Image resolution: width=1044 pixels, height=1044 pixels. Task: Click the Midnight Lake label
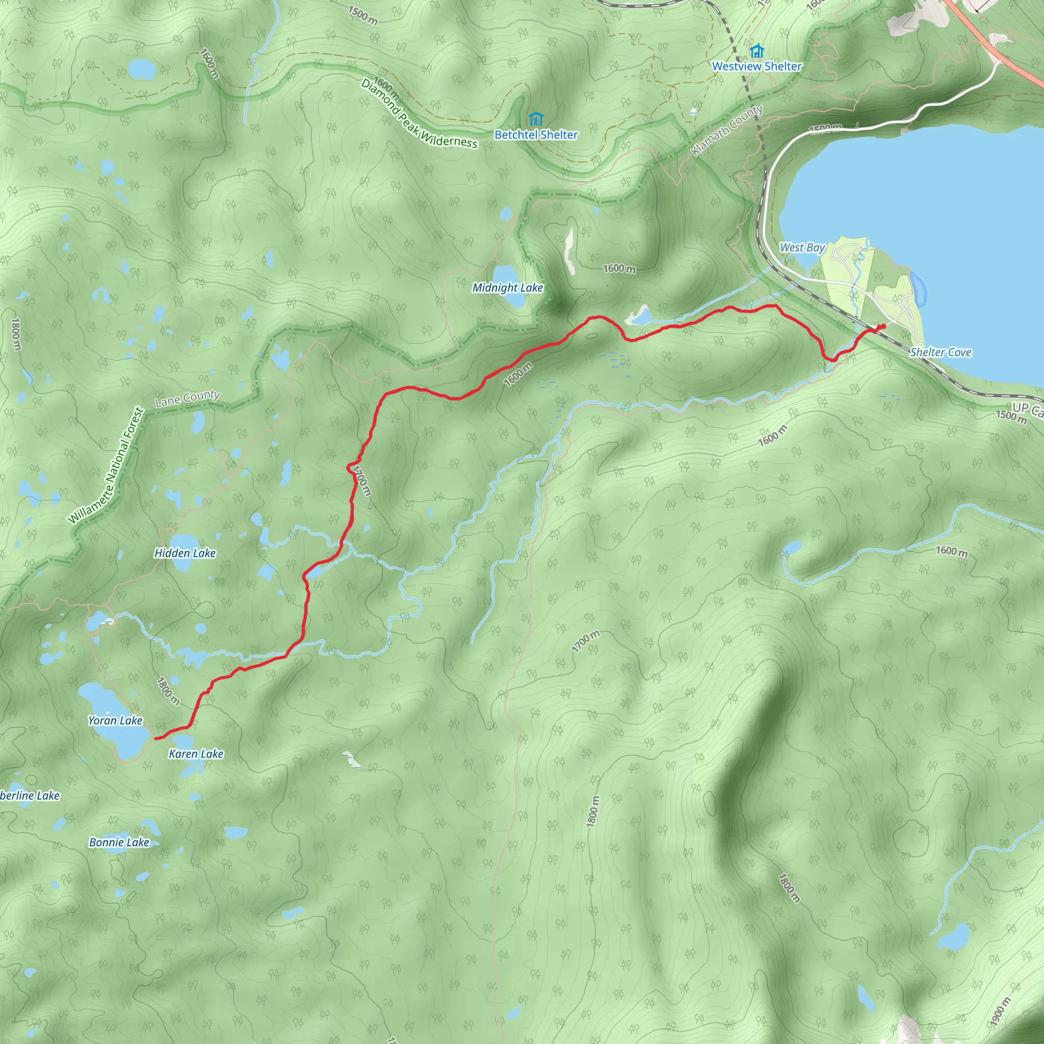[x=507, y=288]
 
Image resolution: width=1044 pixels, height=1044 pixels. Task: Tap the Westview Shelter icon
[x=756, y=51]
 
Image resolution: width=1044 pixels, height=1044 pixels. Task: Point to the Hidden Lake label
[x=185, y=553]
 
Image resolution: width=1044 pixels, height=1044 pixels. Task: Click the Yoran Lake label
[x=115, y=720]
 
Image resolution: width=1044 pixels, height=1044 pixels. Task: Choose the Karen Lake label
[x=196, y=754]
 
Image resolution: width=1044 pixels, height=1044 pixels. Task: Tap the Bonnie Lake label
[x=119, y=842]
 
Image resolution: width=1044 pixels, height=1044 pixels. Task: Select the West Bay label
[x=802, y=247]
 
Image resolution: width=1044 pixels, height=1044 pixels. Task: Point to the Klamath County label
[x=727, y=130]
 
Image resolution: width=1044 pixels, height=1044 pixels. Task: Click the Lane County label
[x=187, y=398]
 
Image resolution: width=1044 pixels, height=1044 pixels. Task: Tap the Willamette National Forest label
[x=107, y=465]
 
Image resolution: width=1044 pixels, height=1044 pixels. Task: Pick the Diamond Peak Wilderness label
[x=419, y=114]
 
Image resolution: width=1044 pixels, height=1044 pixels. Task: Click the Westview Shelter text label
[x=756, y=66]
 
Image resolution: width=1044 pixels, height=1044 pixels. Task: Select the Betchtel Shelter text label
[x=536, y=135]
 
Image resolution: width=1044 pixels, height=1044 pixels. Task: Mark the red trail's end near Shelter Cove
[x=883, y=326]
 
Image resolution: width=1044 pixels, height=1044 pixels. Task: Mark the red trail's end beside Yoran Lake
[x=155, y=738]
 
